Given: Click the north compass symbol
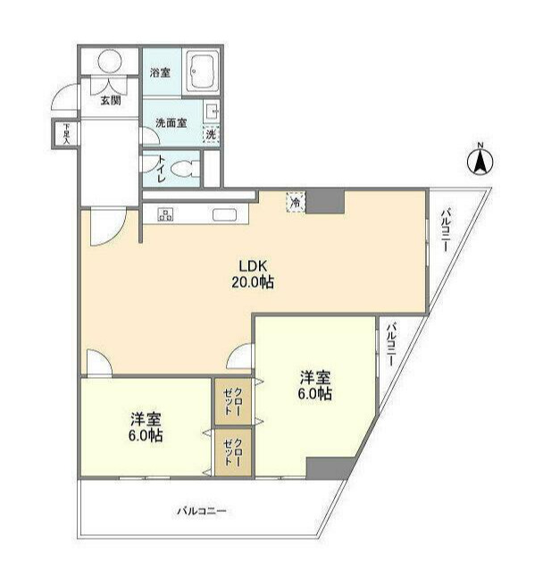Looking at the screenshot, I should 480,161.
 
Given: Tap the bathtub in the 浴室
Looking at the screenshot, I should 205,73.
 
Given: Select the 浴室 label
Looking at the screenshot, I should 161,73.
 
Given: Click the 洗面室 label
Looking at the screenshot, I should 171,122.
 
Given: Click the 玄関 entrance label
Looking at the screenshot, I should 111,99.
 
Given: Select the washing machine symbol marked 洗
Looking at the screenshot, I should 211,134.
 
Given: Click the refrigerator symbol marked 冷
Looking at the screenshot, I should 294,202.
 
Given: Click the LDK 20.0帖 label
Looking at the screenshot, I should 255,272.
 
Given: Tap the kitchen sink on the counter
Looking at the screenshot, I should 224,214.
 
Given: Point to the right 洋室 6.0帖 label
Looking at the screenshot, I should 315,385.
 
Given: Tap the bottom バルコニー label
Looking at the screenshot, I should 201,512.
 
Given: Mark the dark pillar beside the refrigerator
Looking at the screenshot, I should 325,201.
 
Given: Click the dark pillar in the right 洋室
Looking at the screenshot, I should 329,468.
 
